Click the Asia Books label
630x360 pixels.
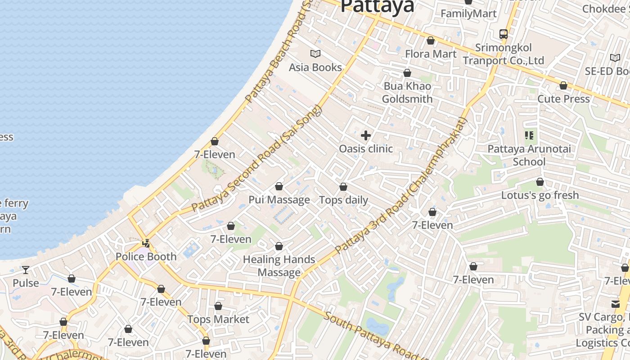(x=315, y=67)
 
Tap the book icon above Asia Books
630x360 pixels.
(x=315, y=54)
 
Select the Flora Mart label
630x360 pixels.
(x=431, y=54)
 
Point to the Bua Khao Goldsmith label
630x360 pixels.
(x=407, y=93)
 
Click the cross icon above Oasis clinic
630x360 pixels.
(x=366, y=135)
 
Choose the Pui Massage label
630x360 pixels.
(x=279, y=200)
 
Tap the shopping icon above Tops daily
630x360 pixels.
(x=343, y=187)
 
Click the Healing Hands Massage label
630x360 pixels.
(x=279, y=266)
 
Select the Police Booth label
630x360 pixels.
(x=146, y=257)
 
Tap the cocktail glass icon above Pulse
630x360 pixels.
(x=26, y=270)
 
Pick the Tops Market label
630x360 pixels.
(x=218, y=319)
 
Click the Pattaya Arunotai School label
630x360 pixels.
(x=529, y=155)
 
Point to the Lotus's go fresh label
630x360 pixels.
(x=540, y=195)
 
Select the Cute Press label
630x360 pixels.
(x=563, y=99)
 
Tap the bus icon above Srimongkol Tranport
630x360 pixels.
(x=504, y=34)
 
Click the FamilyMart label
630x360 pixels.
(x=468, y=13)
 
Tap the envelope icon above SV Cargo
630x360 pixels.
(x=615, y=304)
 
